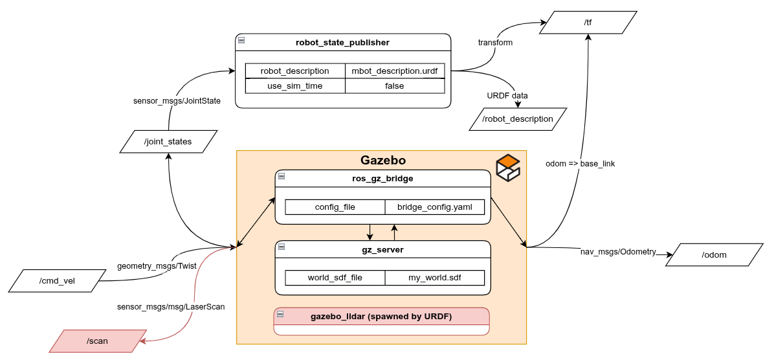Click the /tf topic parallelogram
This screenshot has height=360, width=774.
[x=588, y=23]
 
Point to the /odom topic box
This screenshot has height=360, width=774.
[x=714, y=255]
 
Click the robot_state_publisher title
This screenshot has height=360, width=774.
[x=342, y=43]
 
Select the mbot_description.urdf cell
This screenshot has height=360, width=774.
[x=395, y=71]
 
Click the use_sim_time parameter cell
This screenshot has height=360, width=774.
[x=294, y=85]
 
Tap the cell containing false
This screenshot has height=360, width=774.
[x=395, y=85]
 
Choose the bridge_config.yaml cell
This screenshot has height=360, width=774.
[x=435, y=207]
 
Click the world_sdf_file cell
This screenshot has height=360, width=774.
[x=335, y=278]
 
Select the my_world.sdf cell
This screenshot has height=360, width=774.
[x=435, y=278]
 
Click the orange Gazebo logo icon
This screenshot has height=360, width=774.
[x=508, y=167]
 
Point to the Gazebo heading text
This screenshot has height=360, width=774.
[x=382, y=161]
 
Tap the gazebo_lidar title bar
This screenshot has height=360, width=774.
[x=381, y=317]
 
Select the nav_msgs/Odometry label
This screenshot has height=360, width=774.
[x=618, y=251]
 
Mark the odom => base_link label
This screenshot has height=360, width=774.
[x=580, y=164]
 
